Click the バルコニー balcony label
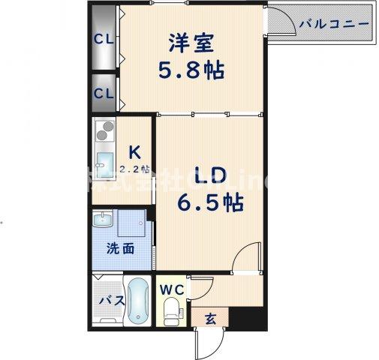[x=334, y=24]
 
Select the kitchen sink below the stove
[x=104, y=163]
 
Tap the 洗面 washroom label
[x=120, y=248]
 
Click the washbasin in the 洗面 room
[x=103, y=221]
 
